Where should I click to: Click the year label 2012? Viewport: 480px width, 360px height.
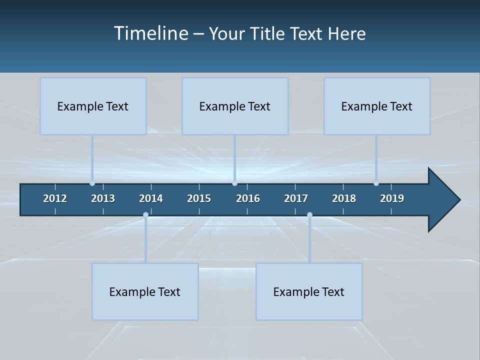coord(55,198)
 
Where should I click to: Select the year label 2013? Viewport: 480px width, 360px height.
coord(103,198)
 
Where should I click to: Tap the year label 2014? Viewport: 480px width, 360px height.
coord(151,198)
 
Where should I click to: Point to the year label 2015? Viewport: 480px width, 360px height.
coord(199,198)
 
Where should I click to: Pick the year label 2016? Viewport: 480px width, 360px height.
coord(248,198)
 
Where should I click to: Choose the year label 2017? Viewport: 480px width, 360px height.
coord(296,198)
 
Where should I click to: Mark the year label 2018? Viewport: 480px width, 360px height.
coord(344,198)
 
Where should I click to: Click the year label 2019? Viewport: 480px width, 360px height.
coord(392,198)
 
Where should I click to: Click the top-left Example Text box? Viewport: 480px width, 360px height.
coord(93,106)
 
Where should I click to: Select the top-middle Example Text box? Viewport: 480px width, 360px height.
coord(235,106)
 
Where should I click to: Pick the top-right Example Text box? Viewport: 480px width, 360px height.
coord(377,106)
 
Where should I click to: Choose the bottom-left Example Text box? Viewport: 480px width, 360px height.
coord(145,291)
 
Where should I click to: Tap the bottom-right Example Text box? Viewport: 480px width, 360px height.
coord(309,291)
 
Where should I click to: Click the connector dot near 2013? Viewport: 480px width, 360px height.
coord(92,183)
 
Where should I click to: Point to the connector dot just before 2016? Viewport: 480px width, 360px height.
coord(234,183)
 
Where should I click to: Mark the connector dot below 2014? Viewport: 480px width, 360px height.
coord(145,214)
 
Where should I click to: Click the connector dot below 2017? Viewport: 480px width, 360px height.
coord(309,214)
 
